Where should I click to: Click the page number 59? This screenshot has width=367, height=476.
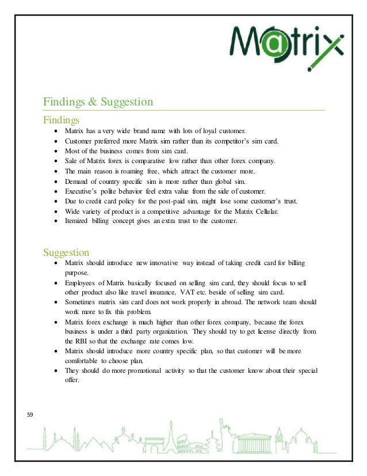click(31, 413)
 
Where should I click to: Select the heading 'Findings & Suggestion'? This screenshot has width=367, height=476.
click(98, 103)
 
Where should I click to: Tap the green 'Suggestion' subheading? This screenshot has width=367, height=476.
click(66, 252)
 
